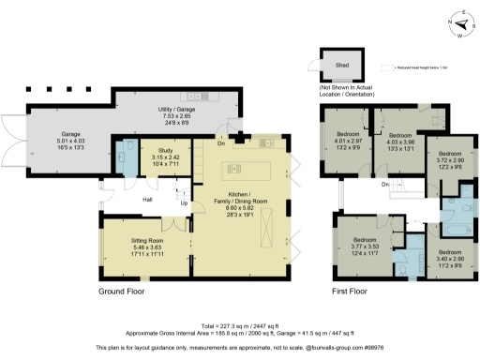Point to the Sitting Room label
pyautogui.click(x=147, y=247)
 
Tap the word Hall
pyautogui.click(x=148, y=200)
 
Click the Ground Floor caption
pyautogui.click(x=127, y=292)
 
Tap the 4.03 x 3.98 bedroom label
pyautogui.click(x=401, y=142)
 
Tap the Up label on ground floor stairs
pyautogui.click(x=183, y=202)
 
